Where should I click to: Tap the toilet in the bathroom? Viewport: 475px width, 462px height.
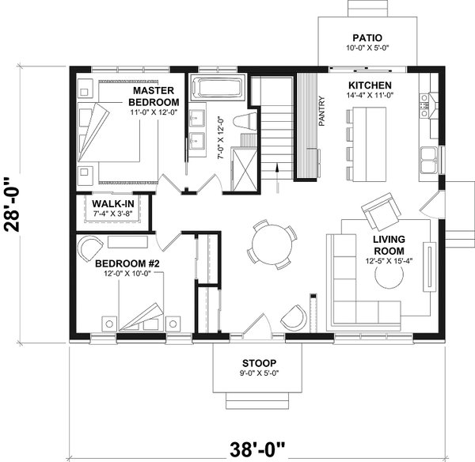click(246, 122)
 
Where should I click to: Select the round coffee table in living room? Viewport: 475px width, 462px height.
click(389, 278)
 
